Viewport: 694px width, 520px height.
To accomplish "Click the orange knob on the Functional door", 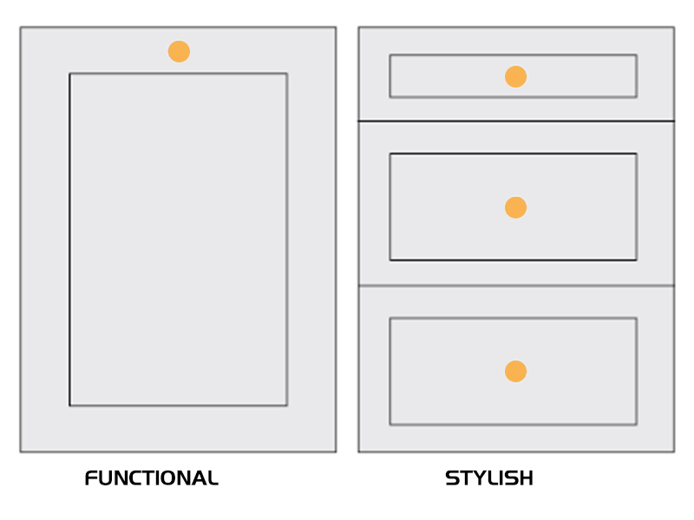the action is (179, 51).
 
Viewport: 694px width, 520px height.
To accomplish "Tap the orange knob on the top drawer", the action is (515, 76).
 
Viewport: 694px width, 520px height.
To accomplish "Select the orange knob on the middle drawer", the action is (515, 207).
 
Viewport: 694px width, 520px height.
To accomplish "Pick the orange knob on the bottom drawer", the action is (515, 371).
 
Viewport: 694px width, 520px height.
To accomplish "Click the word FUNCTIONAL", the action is (151, 478).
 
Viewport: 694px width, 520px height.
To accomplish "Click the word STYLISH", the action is (489, 478).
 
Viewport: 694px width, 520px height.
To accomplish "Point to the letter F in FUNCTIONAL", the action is (91, 478).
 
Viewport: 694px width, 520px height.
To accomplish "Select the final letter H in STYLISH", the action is (526, 478).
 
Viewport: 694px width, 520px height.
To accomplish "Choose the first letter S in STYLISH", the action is (452, 478).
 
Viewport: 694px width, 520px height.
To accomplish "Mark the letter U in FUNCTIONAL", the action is (108, 478).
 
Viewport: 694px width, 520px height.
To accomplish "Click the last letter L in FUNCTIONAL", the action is (213, 478).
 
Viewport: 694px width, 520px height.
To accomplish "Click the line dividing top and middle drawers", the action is (516, 120).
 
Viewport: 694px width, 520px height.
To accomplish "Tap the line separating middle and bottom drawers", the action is (516, 286).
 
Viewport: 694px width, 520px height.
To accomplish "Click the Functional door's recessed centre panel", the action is (179, 239).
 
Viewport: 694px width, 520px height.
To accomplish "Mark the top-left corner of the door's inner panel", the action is (69, 74).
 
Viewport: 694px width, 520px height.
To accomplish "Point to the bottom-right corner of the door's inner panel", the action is (287, 405).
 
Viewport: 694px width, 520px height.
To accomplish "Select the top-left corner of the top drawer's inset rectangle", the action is (390, 55).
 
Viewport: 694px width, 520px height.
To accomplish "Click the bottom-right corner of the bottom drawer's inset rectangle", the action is (637, 425).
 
